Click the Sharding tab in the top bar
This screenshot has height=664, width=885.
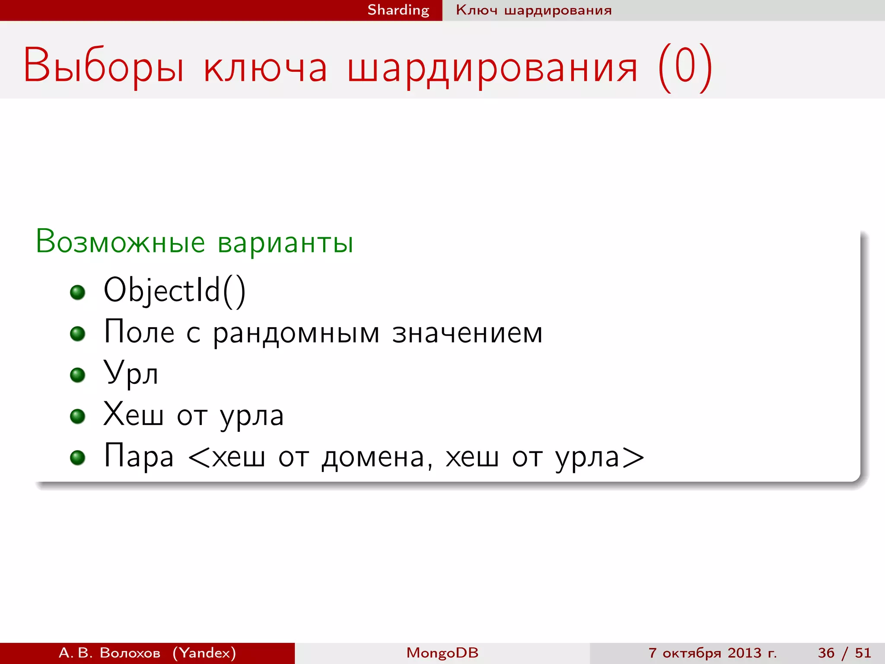pyautogui.click(x=398, y=10)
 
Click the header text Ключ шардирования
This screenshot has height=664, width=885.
pyautogui.click(x=534, y=10)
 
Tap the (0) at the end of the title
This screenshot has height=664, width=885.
pyautogui.click(x=685, y=67)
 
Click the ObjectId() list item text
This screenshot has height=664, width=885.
pyautogui.click(x=175, y=290)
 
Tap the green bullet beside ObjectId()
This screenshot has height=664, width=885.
pyautogui.click(x=78, y=293)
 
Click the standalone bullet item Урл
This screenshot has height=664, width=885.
pyautogui.click(x=131, y=373)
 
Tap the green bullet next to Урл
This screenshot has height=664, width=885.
pyautogui.click(x=78, y=375)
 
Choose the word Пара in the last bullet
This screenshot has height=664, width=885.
pyautogui.click(x=139, y=456)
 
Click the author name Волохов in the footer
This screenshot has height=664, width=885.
pyautogui.click(x=130, y=653)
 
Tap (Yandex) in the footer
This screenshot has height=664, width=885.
pyautogui.click(x=204, y=653)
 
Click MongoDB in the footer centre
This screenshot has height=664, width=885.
pyautogui.click(x=442, y=653)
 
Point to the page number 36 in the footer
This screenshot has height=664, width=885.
pyautogui.click(x=826, y=653)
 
